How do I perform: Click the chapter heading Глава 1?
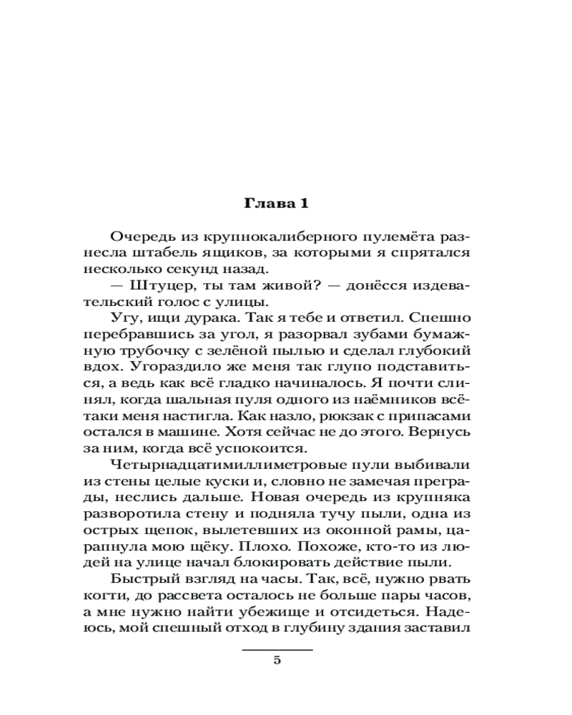tap(276, 204)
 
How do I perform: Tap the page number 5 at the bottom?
tap(277, 660)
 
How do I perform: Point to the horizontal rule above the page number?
tap(277, 650)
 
